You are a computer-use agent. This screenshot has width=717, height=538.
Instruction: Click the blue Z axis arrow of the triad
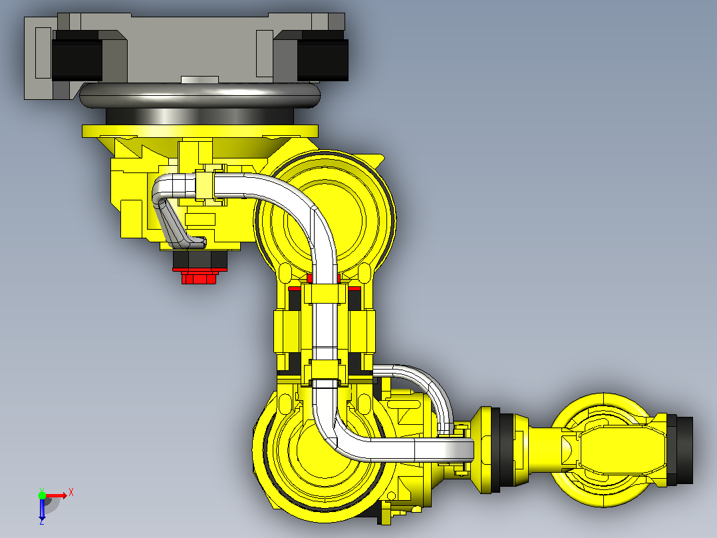coord(42,509)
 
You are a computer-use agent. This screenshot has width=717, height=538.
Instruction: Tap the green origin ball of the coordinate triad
coord(42,495)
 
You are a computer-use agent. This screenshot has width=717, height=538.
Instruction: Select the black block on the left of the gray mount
coord(77,55)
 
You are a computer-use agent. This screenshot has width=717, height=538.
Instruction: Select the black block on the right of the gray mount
coord(323,55)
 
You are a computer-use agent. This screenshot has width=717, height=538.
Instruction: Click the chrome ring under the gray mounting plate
coord(200,96)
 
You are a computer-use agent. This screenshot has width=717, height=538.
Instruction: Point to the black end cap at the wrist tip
coord(684,449)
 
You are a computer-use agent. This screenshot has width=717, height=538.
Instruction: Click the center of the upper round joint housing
coord(325,220)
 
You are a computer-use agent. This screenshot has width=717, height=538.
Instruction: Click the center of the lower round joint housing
coord(320,451)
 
